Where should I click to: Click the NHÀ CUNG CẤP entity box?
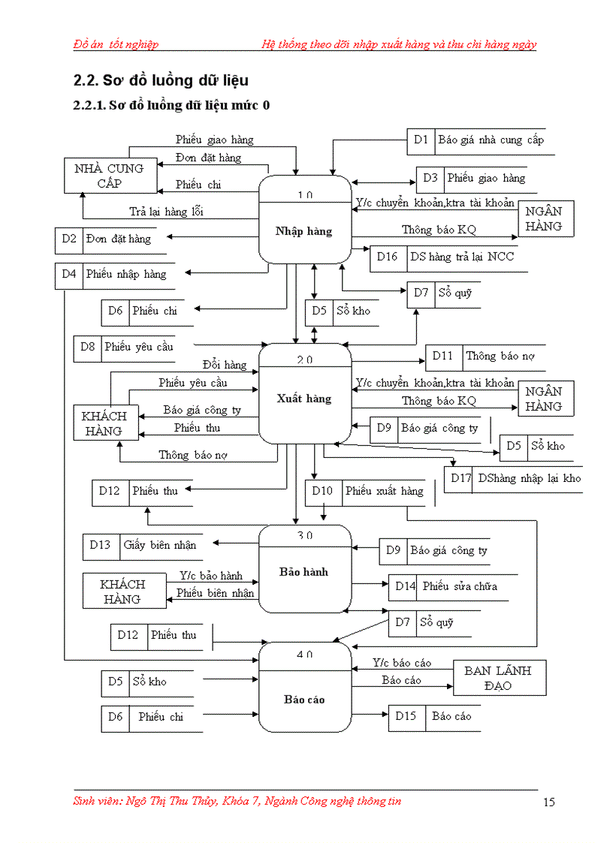(109, 176)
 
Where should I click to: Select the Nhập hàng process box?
(304, 220)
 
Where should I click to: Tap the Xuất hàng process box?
(304, 393)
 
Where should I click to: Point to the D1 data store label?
(421, 140)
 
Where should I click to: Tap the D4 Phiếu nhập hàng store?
(113, 275)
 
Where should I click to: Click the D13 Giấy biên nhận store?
(142, 546)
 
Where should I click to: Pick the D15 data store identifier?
(406, 716)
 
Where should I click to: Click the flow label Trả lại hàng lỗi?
(166, 212)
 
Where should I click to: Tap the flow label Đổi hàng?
(224, 365)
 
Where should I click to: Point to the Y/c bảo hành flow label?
(211, 576)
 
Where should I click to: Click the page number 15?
(548, 802)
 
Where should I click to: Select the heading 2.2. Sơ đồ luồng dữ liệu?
(161, 80)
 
